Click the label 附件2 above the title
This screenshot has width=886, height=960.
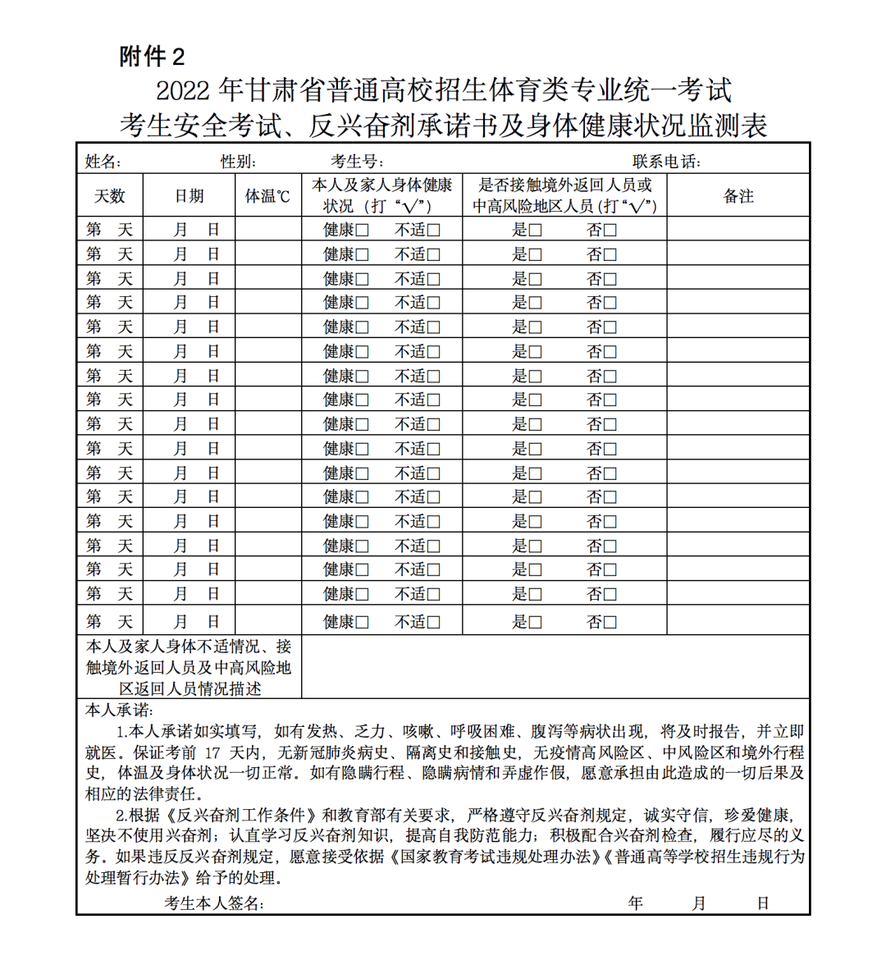point(152,57)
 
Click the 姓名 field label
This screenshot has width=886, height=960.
point(103,162)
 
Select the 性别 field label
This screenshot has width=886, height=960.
point(238,162)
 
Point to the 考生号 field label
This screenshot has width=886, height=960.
point(357,162)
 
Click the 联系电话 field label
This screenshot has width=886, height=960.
point(666,162)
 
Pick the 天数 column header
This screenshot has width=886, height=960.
point(110,196)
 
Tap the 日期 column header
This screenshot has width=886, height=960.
point(190,196)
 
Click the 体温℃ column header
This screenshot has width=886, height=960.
point(268,196)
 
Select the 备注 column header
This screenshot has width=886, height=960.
point(738,196)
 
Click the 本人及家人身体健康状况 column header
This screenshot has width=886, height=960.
point(381,195)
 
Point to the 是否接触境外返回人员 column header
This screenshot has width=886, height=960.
point(565,195)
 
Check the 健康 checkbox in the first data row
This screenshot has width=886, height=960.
point(363,231)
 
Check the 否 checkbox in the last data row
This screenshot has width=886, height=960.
point(610,623)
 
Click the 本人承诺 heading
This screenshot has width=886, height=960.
point(119,711)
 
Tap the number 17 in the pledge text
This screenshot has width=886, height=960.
point(213,752)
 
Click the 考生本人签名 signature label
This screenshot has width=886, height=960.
point(213,903)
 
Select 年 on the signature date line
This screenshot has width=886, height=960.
point(636,903)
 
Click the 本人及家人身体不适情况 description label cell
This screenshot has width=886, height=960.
point(190,667)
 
